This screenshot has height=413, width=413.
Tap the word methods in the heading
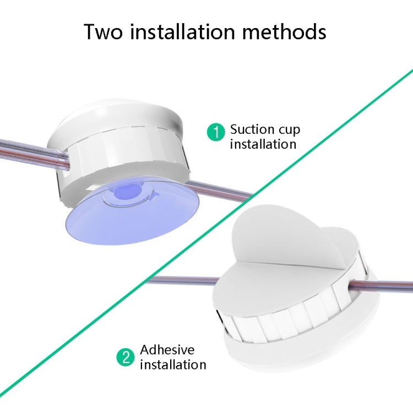[x=286, y=32]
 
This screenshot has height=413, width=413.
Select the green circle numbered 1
[x=216, y=132]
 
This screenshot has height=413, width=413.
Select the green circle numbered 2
[x=126, y=357]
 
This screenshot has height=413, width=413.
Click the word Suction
[x=252, y=130]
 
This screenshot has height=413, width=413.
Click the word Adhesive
[x=167, y=350]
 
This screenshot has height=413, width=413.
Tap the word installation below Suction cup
[x=263, y=144]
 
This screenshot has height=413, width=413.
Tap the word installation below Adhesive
[x=173, y=365]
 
